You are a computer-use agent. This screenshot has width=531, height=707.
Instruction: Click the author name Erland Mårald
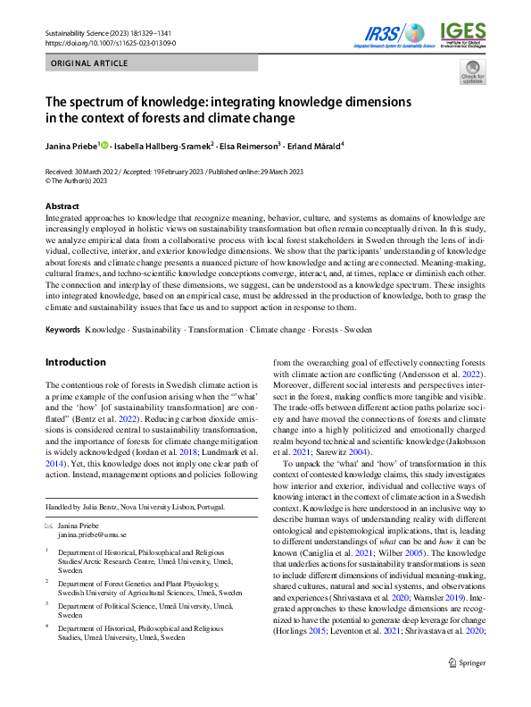[318, 147]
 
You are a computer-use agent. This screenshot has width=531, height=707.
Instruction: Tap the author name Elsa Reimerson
[250, 147]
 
